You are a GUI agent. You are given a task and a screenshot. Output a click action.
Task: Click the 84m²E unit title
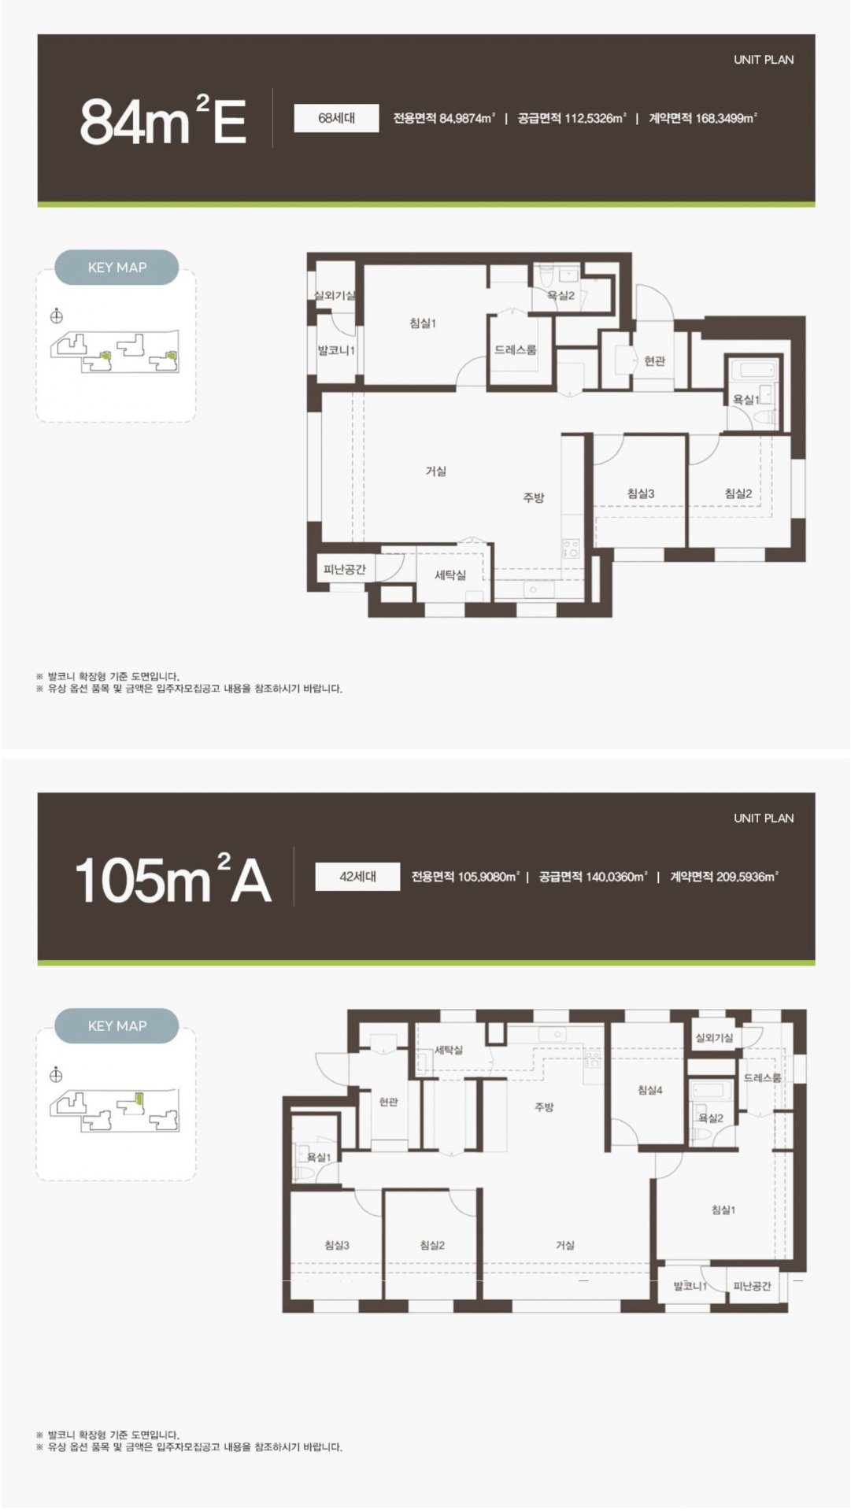[x=163, y=120]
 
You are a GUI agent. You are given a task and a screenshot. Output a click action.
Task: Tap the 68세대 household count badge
[x=336, y=118]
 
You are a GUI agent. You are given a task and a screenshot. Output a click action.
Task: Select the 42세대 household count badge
[x=357, y=876]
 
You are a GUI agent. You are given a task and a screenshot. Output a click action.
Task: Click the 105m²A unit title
[x=172, y=879]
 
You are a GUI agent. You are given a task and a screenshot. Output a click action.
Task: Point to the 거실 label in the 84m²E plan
[x=435, y=471]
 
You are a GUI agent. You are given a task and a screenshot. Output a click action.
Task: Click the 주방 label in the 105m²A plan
[x=544, y=1106]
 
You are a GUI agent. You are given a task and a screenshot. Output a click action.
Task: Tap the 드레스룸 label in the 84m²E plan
[x=516, y=349]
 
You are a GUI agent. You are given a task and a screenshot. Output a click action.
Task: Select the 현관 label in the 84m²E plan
[x=654, y=360]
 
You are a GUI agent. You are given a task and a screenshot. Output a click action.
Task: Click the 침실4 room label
[x=649, y=1090]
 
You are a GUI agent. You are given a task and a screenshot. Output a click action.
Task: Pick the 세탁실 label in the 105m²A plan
[x=449, y=1050]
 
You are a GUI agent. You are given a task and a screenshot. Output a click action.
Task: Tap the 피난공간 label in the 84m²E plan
[x=345, y=568]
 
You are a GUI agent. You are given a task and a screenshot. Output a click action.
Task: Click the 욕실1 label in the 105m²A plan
[x=318, y=1156]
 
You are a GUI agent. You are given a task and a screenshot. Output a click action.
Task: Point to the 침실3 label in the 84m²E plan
[x=641, y=493]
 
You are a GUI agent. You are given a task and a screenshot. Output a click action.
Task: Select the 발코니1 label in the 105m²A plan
[x=690, y=1286]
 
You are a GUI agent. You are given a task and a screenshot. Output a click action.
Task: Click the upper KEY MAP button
[x=117, y=268]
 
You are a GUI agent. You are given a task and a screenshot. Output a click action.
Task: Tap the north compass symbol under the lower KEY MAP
[x=56, y=1074]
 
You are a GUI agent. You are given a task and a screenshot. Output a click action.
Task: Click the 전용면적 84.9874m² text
[x=444, y=118]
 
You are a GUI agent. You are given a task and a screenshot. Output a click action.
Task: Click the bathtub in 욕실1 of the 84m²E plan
[x=753, y=369]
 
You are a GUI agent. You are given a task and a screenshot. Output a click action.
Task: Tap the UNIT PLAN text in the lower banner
[x=764, y=818]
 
